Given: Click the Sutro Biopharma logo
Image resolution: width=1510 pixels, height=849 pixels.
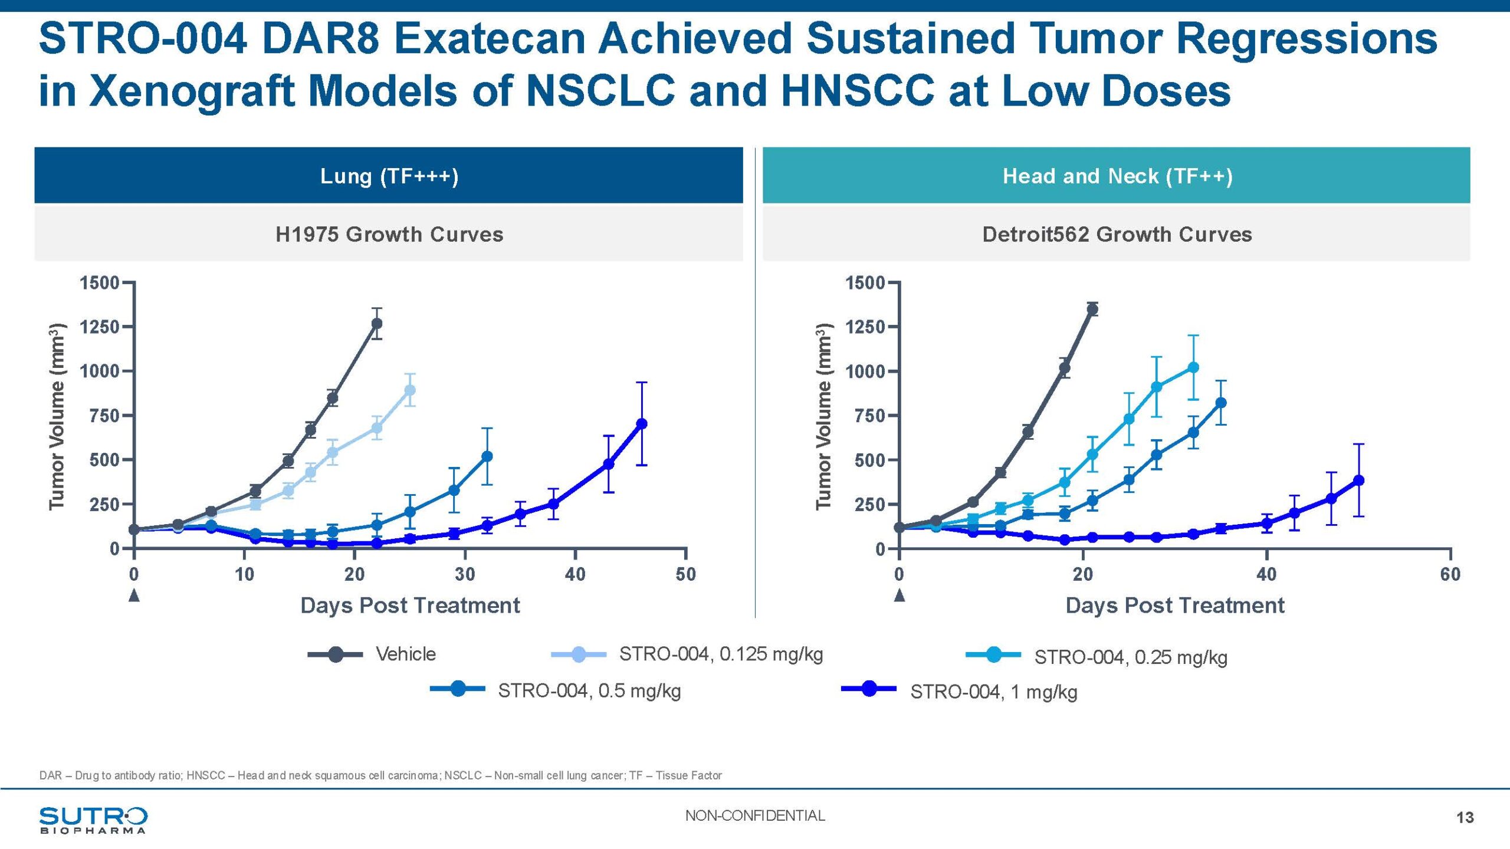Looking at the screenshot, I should (x=93, y=820).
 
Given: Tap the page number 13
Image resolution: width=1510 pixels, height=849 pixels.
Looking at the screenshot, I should (x=1465, y=817).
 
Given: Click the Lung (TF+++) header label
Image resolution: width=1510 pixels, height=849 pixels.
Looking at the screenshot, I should (x=389, y=176).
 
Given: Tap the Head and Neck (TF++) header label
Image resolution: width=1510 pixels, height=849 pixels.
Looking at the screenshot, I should (x=1117, y=176).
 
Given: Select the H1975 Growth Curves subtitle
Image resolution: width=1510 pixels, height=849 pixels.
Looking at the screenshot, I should (x=389, y=234).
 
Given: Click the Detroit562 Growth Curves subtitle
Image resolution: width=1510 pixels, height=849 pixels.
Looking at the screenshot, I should (x=1117, y=234).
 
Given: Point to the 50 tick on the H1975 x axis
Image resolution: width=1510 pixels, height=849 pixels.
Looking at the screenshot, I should (x=685, y=574).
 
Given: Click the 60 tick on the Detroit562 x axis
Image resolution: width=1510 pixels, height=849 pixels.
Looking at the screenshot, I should (x=1450, y=574).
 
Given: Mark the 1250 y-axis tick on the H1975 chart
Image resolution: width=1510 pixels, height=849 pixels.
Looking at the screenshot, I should (x=100, y=327).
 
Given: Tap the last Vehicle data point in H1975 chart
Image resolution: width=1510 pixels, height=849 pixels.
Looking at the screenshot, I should (x=376, y=324).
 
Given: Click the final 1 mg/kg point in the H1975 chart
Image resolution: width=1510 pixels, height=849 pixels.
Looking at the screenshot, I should (x=642, y=423).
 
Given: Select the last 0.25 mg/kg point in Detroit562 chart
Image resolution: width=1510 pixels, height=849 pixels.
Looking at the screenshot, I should (x=1193, y=367).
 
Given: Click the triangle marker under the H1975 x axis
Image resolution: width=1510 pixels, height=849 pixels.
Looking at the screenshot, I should (x=134, y=595).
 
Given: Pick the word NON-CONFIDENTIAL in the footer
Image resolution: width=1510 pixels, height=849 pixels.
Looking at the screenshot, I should (x=754, y=815).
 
